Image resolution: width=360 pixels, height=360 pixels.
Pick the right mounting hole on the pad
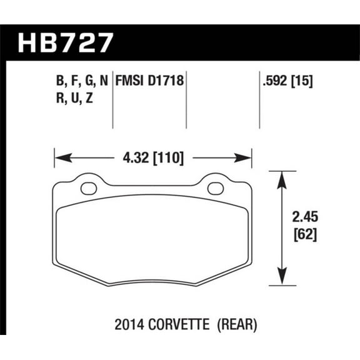(217, 187)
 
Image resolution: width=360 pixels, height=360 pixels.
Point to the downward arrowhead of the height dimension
(283, 277)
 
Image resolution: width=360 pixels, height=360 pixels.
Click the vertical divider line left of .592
(259, 100)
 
